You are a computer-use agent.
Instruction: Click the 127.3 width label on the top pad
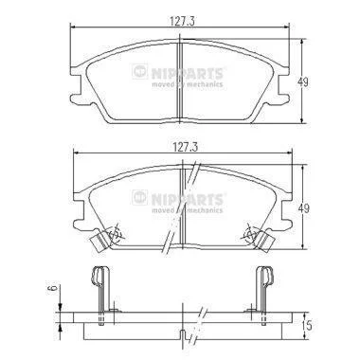point(182,21)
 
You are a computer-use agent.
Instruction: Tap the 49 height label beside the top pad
point(303,82)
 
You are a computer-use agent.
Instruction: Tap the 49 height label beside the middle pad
point(303,208)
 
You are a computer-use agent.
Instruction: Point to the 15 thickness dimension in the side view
point(309,325)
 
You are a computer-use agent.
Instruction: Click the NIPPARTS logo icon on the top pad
point(140,72)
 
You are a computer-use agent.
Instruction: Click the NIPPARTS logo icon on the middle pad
point(140,197)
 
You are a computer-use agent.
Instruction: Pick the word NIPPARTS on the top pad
point(188,74)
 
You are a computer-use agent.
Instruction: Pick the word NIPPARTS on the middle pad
point(188,199)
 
